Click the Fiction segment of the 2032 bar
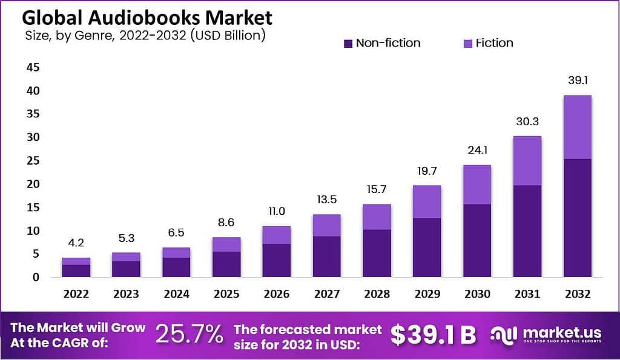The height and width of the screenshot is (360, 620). point(577,127)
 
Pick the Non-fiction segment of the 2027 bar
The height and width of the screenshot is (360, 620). point(326,257)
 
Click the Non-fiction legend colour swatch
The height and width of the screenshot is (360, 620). point(348,44)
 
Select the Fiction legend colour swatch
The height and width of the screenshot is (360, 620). point(467,44)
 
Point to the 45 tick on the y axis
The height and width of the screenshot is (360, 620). point(33,67)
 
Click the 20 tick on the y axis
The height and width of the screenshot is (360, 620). point(33,184)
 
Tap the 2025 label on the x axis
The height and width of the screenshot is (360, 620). point(226,294)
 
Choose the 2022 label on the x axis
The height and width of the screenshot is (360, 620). point(76,294)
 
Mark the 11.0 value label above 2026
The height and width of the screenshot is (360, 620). point(276,212)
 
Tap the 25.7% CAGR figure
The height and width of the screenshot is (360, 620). point(189,335)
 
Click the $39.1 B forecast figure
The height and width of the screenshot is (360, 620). point(433,335)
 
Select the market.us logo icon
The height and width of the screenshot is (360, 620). point(504,335)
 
